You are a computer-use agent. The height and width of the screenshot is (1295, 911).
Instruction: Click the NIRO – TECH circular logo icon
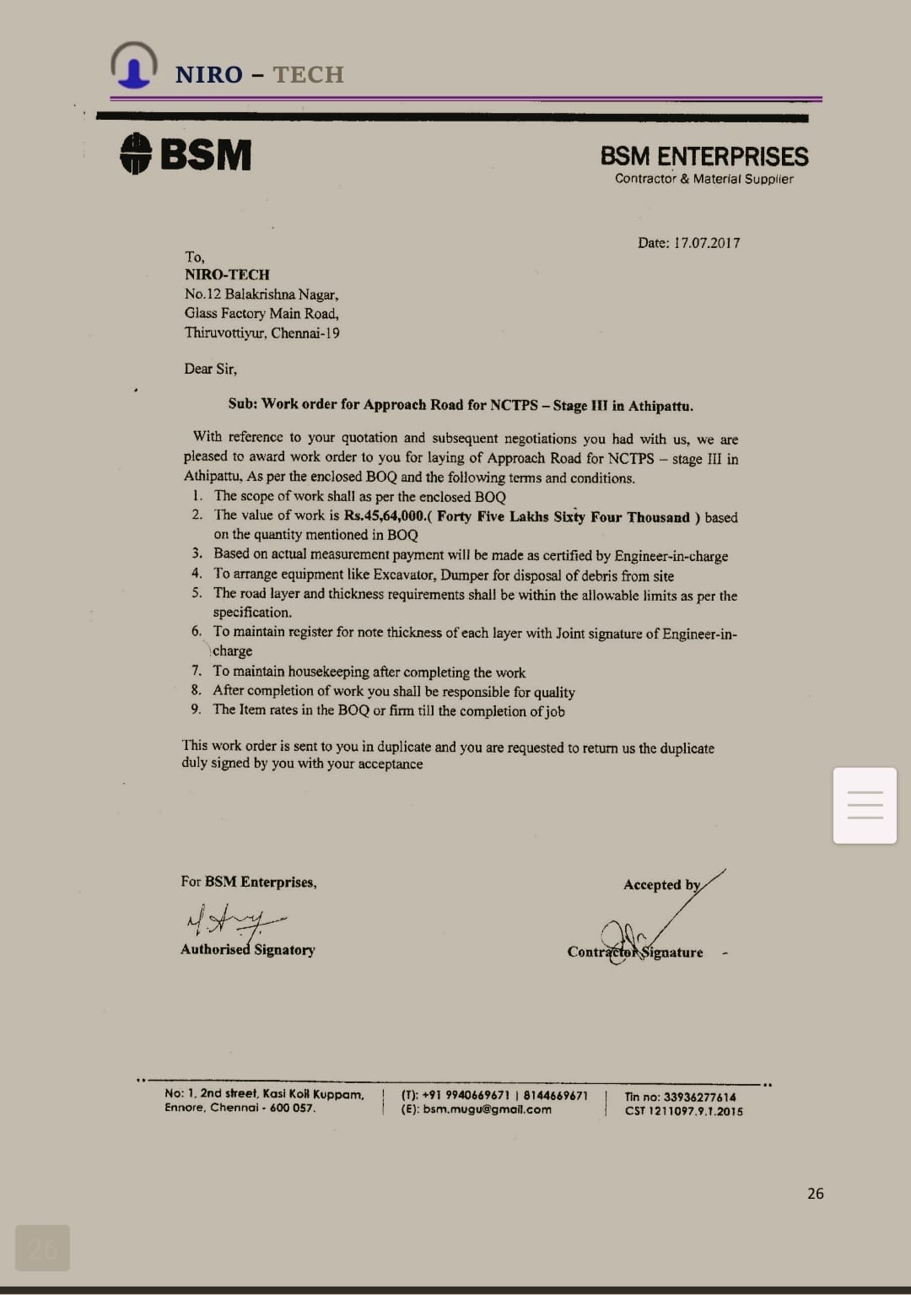point(133,66)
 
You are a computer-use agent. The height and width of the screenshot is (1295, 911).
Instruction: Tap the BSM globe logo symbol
point(135,154)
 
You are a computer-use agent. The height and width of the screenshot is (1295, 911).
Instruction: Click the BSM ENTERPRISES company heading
point(703,156)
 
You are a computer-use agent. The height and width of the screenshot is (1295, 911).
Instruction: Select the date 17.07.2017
point(707,243)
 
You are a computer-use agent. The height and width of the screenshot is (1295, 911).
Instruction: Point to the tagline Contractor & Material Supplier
point(703,179)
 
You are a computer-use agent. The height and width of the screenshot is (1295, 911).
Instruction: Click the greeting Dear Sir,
point(210,369)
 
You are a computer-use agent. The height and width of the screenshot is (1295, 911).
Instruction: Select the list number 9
point(196,710)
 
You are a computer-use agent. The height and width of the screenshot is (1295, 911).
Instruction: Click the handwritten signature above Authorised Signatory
point(234,920)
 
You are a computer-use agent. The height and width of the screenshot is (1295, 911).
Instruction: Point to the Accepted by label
point(661,884)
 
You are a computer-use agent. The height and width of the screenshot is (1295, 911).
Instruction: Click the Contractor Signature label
point(634,952)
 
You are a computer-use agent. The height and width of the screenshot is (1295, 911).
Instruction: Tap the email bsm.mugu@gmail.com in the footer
point(487,1109)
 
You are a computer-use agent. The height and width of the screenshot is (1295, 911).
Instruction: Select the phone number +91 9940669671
point(465,1095)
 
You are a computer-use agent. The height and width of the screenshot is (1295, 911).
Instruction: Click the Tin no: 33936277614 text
point(680,1097)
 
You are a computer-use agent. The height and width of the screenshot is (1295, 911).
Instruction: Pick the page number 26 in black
point(815,1193)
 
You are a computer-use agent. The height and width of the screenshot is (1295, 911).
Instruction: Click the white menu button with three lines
point(865,805)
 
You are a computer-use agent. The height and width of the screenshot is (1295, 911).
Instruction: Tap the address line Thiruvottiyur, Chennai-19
point(261,332)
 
